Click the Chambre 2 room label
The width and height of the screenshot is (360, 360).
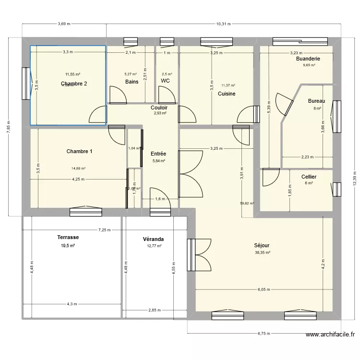[73, 84]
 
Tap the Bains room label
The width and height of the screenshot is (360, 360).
[132, 82]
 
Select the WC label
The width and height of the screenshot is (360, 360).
[165, 81]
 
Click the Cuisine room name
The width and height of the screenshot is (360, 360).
[227, 94]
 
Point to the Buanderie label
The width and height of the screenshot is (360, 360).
[308, 59]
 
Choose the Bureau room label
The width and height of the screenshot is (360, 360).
[316, 101]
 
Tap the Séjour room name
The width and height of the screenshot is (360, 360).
[262, 245]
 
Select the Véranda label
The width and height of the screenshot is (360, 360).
[153, 239]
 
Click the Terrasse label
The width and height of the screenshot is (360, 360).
[68, 237]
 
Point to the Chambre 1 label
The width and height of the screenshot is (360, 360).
[80, 152]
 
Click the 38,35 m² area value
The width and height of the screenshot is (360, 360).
[262, 253]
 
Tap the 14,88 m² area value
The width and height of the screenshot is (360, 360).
[78, 169]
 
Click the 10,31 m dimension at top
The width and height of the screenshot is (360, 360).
[223, 24]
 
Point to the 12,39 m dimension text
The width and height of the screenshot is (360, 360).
[354, 178]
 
